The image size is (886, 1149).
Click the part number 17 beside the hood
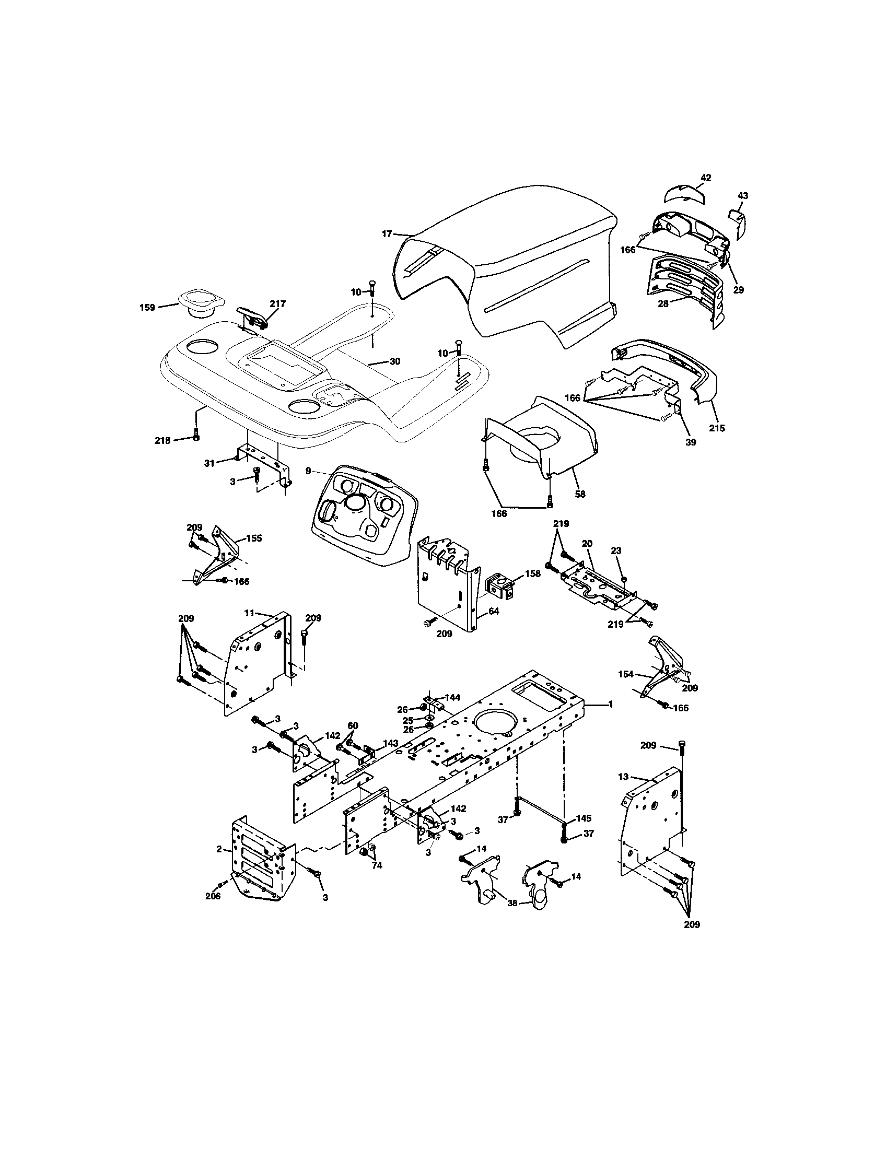coord(387,234)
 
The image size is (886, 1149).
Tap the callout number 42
coord(706,178)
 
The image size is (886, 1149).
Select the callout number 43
coord(743,196)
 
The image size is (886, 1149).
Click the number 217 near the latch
coord(277,303)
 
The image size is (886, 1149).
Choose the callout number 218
coord(162,441)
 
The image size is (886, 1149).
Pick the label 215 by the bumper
coord(717,428)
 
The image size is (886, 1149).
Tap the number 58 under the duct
coord(580,494)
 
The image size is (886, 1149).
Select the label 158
coord(532,574)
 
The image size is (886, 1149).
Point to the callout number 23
coord(616,550)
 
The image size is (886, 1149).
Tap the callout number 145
coord(584,818)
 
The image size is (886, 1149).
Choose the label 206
coord(214,896)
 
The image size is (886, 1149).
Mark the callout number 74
coord(377,865)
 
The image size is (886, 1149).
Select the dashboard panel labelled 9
coord(363,514)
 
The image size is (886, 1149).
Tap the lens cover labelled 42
coord(683,194)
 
